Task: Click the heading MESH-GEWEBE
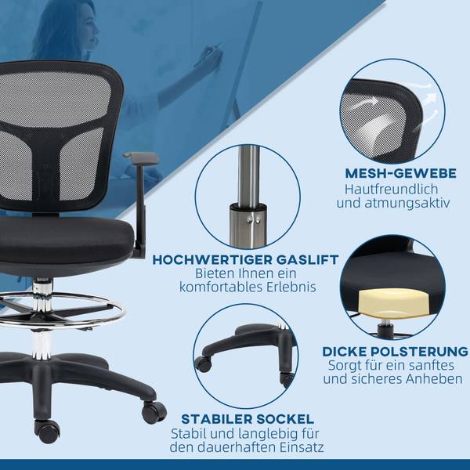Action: coord(400,173)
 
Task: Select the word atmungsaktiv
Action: coord(407,203)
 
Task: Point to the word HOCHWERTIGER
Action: coord(212,259)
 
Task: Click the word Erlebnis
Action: coord(291,287)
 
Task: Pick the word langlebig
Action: coord(264,434)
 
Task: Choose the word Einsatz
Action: coord(302,447)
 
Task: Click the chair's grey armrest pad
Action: coord(141,157)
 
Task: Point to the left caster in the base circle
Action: coord(203,364)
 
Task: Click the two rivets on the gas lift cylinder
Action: coord(254,221)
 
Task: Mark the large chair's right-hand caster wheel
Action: coord(154,412)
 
